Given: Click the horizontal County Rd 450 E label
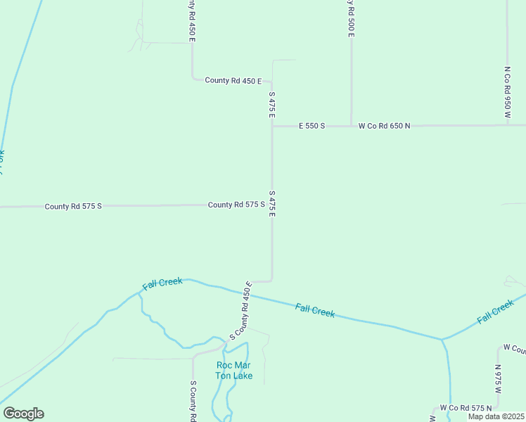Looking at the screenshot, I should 233,81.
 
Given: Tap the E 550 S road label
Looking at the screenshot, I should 312,126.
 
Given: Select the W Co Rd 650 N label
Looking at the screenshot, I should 383,126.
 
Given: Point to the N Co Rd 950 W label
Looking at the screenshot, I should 507,92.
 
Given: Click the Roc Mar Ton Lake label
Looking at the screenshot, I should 233,370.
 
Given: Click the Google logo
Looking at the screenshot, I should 23,414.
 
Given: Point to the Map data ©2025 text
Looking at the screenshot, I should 496,416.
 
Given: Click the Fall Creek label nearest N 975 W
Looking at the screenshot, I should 496,312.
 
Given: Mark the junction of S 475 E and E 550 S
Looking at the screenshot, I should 272,127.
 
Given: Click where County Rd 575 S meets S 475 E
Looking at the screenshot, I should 272,205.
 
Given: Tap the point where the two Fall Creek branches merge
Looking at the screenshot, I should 442,339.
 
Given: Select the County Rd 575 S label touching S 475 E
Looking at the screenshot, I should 236,205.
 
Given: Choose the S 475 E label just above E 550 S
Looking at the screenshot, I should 271,104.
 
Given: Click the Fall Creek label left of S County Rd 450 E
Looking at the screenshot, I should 162,283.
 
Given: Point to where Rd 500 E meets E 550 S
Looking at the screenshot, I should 352,126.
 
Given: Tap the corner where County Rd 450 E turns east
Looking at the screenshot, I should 193,79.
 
